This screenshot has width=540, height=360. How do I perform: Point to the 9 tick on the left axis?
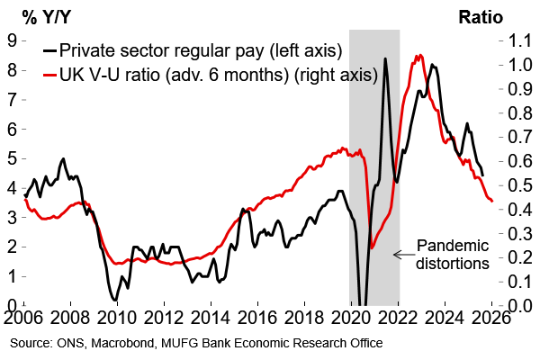click(11, 40)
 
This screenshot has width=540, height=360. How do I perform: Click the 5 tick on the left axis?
click(11, 158)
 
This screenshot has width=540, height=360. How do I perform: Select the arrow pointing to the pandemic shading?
click(401, 255)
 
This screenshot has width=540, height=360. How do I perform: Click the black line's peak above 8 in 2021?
click(385, 58)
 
